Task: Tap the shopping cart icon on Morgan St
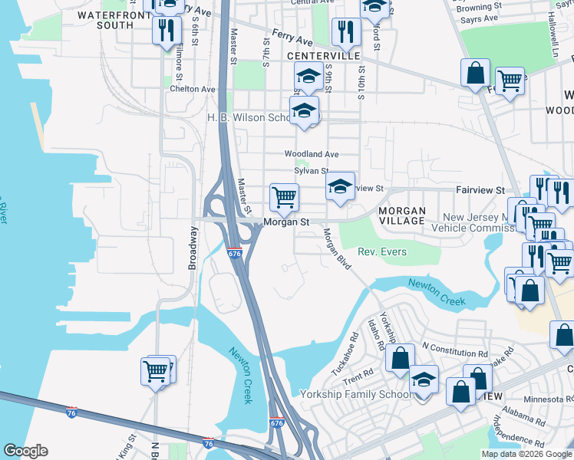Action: [284, 198]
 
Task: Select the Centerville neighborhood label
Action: [323, 57]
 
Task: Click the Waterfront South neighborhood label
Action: [111, 20]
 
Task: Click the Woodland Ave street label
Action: [311, 154]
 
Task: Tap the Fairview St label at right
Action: [480, 189]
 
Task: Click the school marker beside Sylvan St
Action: [341, 187]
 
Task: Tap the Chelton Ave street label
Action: [193, 89]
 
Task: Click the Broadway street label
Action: [193, 248]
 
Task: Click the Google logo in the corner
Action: [25, 451]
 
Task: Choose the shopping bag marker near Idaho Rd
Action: [400, 357]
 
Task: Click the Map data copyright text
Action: [526, 454]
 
